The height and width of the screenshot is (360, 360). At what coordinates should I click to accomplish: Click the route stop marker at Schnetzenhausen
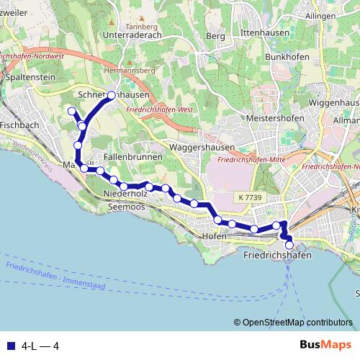tap(112, 96)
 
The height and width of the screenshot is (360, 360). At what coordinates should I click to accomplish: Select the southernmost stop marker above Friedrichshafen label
tap(289, 246)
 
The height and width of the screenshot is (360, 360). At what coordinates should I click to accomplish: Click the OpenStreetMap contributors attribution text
tap(297, 323)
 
